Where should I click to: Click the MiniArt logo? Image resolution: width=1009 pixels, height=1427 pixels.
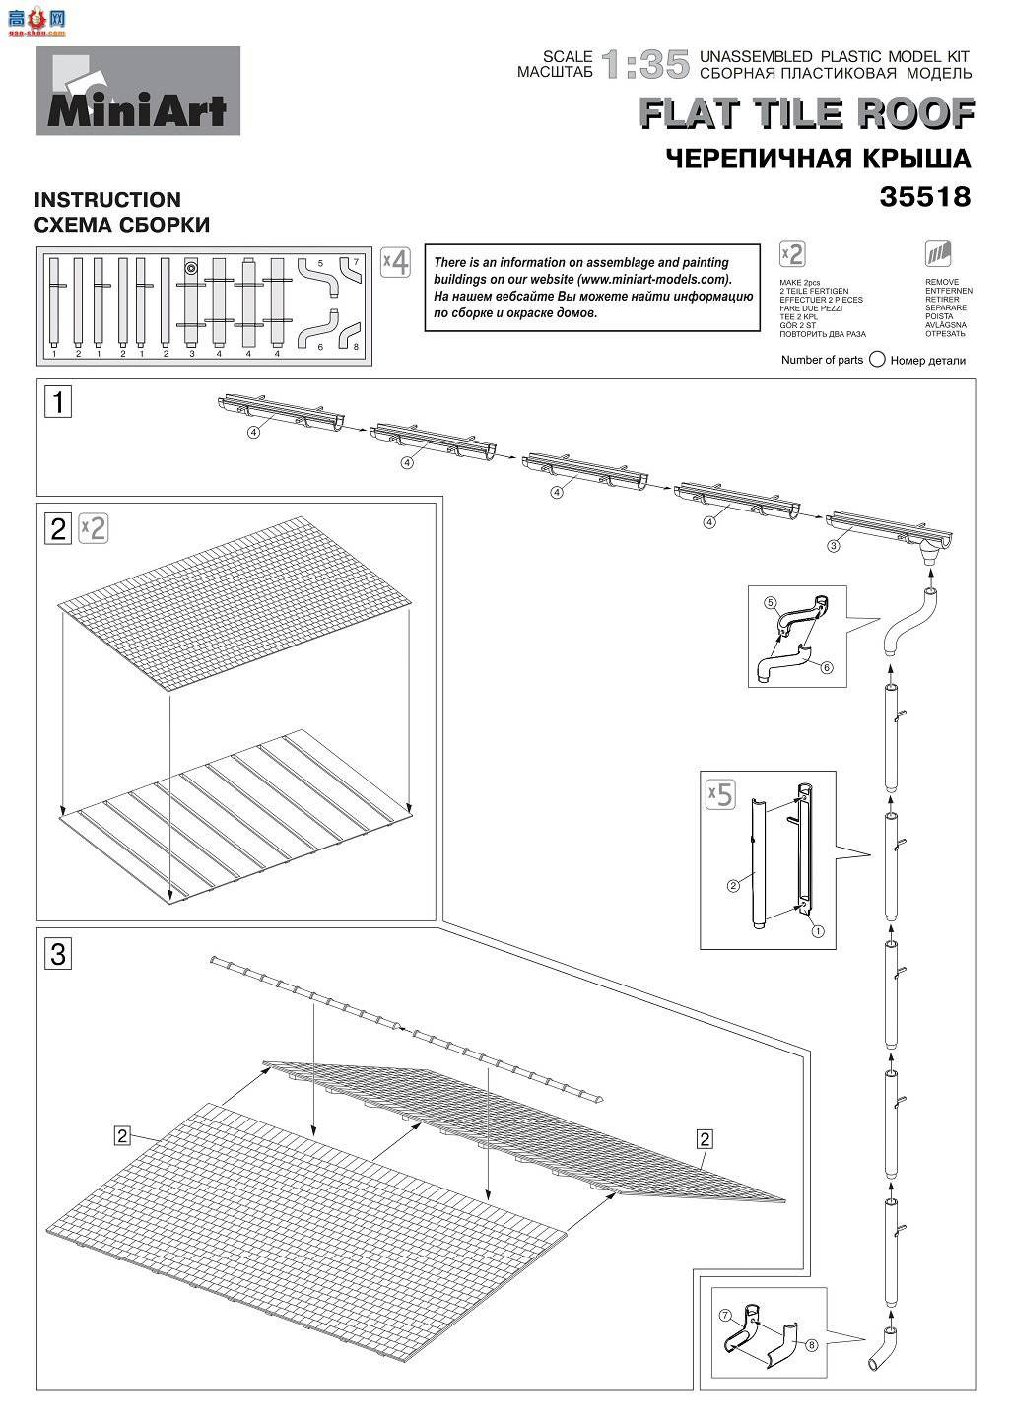coord(138,92)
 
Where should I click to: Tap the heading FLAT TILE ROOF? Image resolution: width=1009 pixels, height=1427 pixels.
coord(807,114)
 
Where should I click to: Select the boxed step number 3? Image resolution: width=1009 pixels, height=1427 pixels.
coord(59,954)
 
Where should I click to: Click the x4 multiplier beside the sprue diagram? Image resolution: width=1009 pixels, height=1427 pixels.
coord(395,263)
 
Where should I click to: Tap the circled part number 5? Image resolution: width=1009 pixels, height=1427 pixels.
coord(772,601)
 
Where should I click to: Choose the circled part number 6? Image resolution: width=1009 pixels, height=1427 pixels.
coord(826,667)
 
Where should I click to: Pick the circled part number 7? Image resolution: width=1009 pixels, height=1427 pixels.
coord(724,1315)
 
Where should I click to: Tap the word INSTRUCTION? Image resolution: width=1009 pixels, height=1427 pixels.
coord(108,200)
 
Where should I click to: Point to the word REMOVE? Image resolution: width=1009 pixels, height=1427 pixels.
coord(942,282)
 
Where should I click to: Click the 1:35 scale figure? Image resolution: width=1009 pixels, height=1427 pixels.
coord(645,65)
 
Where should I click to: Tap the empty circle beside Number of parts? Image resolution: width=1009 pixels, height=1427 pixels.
coord(877,360)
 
